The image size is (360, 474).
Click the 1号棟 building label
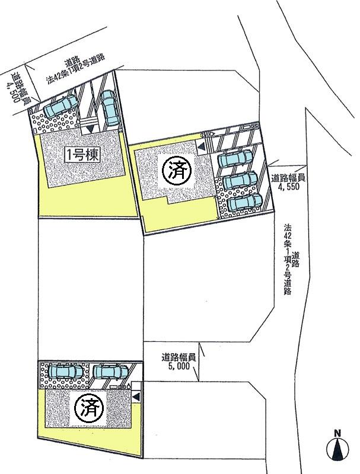click(x=82, y=156)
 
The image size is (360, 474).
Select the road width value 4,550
click(x=289, y=186)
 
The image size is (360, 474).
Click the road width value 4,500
click(x=13, y=92)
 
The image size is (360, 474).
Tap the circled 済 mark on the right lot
click(x=177, y=171)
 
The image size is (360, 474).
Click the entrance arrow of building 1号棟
click(x=90, y=129)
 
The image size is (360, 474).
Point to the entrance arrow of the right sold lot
click(x=201, y=147)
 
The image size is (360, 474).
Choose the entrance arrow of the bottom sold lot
click(x=136, y=396)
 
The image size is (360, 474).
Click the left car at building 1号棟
click(x=60, y=106)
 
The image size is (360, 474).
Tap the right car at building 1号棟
click(x=109, y=108)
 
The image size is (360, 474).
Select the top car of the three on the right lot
click(x=235, y=159)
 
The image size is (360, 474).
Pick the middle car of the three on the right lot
click(x=240, y=180)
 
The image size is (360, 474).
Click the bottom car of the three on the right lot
click(x=244, y=202)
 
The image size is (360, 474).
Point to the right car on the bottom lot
click(x=110, y=371)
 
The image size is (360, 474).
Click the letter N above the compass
click(x=337, y=433)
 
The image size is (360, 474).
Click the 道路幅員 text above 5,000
click(x=179, y=358)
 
